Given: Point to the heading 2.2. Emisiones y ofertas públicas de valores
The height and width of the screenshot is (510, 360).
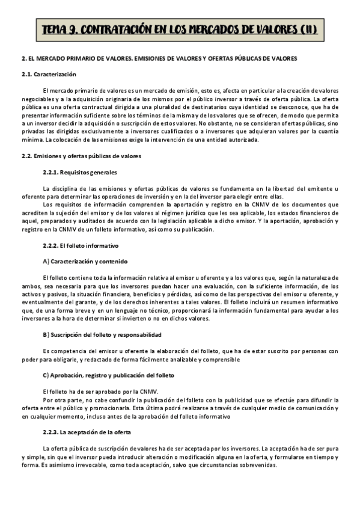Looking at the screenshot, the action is click(x=81, y=156).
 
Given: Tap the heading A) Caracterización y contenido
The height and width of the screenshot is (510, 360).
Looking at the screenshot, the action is click(x=86, y=262).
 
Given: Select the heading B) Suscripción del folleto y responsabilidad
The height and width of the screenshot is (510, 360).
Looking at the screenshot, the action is click(x=102, y=334).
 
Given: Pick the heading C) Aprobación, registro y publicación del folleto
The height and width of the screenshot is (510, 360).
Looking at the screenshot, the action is click(x=108, y=375).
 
